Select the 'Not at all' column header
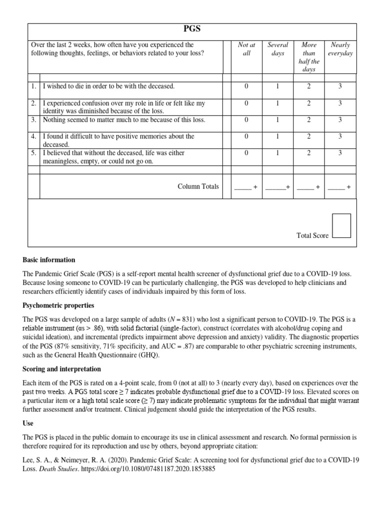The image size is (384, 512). point(246,49)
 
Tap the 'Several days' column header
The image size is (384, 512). point(277,49)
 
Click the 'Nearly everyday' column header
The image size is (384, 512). point(340,49)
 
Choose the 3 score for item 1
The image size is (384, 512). point(340,86)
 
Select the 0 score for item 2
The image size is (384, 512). point(246,103)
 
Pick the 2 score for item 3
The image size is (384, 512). point(308,120)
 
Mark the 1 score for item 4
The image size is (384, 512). point(277,136)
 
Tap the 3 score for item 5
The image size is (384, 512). point(340,153)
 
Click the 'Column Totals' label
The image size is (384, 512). point(198,186)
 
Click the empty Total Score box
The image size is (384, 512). point(341,225)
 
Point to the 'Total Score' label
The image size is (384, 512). point(312,235)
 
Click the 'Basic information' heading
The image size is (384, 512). point(49,260)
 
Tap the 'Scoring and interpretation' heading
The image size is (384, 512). point(61,369)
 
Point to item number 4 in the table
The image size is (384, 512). point(33,136)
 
